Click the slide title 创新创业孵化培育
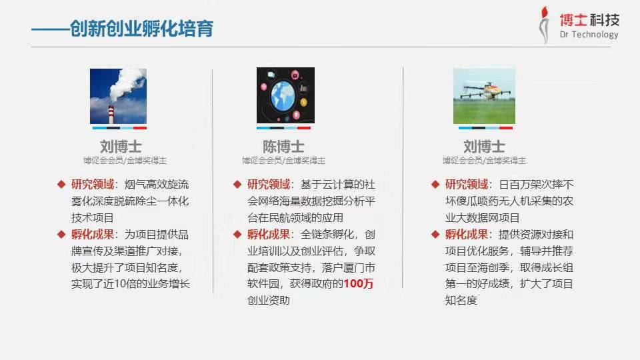pyautogui.click(x=141, y=29)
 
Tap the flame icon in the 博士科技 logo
pyautogui.click(x=544, y=25)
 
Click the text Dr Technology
pyautogui.click(x=589, y=34)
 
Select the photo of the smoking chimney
pyautogui.click(x=119, y=96)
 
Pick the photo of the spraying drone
pyautogui.click(x=484, y=96)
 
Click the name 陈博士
pyautogui.click(x=283, y=147)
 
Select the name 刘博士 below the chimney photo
pyautogui.click(x=121, y=147)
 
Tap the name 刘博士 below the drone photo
pyautogui.click(x=484, y=147)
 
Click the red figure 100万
pyautogui.click(x=359, y=284)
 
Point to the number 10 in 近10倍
pyautogui.click(x=119, y=284)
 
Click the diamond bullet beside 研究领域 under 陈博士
pyautogui.click(x=237, y=185)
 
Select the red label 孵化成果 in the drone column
pyautogui.click(x=467, y=234)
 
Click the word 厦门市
pyautogui.click(x=359, y=268)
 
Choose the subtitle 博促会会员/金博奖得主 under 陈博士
pyautogui.click(x=283, y=161)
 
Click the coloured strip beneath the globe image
pyautogui.click(x=283, y=128)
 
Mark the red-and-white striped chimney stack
pyautogui.click(x=111, y=115)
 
